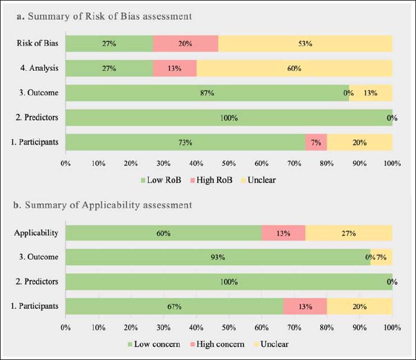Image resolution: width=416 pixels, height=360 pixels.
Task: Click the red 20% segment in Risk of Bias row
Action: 185,43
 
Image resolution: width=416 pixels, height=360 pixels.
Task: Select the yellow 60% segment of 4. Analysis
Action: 294,68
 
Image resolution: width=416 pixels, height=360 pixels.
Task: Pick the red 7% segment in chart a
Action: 316,142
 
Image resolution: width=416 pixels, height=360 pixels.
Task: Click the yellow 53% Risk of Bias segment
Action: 305,43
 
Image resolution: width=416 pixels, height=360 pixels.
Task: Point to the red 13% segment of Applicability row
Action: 283,233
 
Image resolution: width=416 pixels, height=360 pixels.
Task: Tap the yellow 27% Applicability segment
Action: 348,233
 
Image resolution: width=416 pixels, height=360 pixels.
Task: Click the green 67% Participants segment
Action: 174,307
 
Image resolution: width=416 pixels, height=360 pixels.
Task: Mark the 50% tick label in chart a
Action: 228,163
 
